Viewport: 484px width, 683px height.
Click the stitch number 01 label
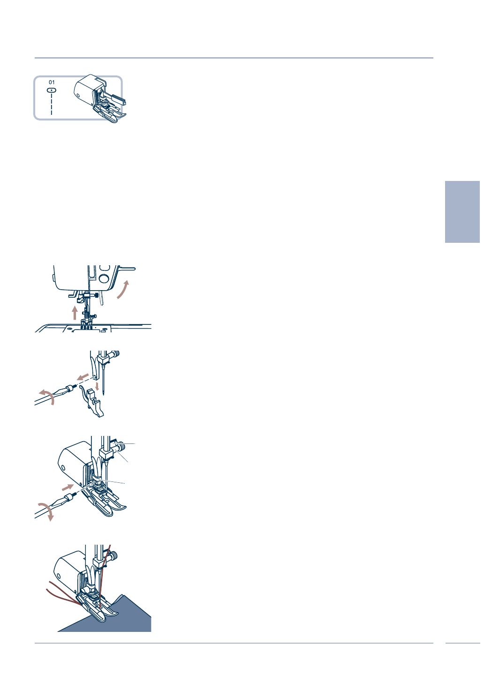pos(52,82)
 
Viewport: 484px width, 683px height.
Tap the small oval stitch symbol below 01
pos(52,89)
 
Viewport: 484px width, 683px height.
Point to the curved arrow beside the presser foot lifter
pos(123,290)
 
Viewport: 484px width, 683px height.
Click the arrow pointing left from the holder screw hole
pos(83,376)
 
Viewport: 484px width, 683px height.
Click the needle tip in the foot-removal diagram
pos(104,393)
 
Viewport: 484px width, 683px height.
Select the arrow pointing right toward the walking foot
pos(68,487)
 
